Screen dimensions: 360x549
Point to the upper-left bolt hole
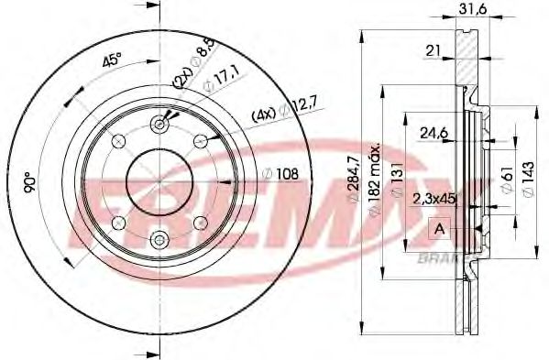coord(117,140)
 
